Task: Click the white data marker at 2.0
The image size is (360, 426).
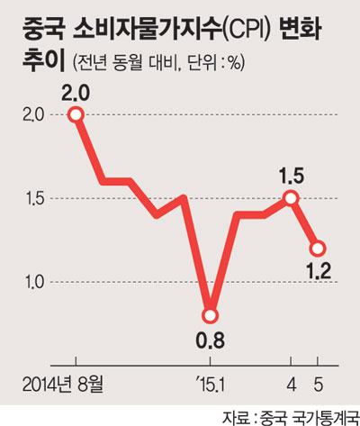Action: point(76,115)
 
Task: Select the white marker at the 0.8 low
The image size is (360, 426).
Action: point(210,315)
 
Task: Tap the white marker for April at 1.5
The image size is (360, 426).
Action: point(291,198)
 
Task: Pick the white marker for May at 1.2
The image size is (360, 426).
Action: point(318,249)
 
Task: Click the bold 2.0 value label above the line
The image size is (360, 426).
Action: point(76,94)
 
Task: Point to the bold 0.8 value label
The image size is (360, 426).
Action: point(210,340)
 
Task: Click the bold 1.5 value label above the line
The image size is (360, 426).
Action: point(291,177)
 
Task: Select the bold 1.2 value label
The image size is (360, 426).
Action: point(319,271)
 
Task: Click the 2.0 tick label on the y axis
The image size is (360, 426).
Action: point(33,115)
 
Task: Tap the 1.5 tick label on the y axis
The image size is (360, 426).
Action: point(34,199)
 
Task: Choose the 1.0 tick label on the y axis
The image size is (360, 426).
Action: point(34,283)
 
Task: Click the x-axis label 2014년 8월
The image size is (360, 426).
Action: point(63,385)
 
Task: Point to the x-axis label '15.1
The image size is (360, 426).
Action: point(210,385)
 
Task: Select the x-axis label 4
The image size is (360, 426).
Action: point(292,385)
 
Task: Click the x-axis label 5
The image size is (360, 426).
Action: point(318,385)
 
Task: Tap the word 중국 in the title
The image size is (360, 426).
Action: point(43,29)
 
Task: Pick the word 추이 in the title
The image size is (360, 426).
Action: point(43,60)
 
